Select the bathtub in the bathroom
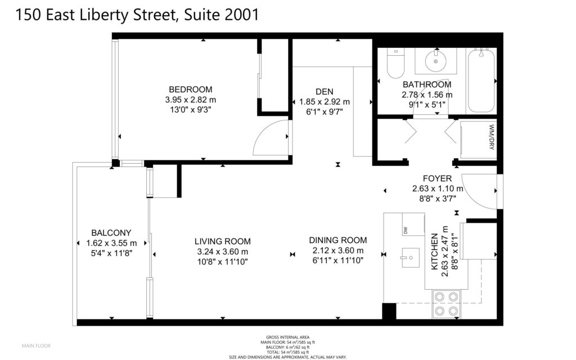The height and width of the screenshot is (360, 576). pyautogui.click(x=481, y=80)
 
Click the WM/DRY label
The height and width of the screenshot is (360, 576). pyautogui.click(x=492, y=137)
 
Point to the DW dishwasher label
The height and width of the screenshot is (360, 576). pyautogui.click(x=406, y=231)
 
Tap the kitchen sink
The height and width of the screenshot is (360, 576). pyautogui.click(x=410, y=258)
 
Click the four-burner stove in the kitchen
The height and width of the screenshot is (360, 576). pyautogui.click(x=446, y=304)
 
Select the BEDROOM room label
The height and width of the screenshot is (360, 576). pyautogui.click(x=190, y=89)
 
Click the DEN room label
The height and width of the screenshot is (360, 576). pyautogui.click(x=325, y=92)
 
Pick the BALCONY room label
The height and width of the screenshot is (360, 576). pyautogui.click(x=111, y=232)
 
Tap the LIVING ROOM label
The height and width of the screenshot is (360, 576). pyautogui.click(x=223, y=241)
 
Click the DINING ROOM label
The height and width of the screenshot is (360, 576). pyautogui.click(x=338, y=240)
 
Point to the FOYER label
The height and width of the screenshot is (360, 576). pyautogui.click(x=437, y=178)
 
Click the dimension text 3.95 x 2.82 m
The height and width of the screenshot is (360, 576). pyautogui.click(x=190, y=100)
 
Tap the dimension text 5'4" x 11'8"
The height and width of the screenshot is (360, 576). pyautogui.click(x=111, y=253)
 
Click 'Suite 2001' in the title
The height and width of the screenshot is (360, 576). pyautogui.click(x=222, y=15)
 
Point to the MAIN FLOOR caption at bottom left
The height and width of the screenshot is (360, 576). pyautogui.click(x=36, y=346)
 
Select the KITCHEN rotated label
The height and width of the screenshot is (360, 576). pyautogui.click(x=435, y=251)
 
